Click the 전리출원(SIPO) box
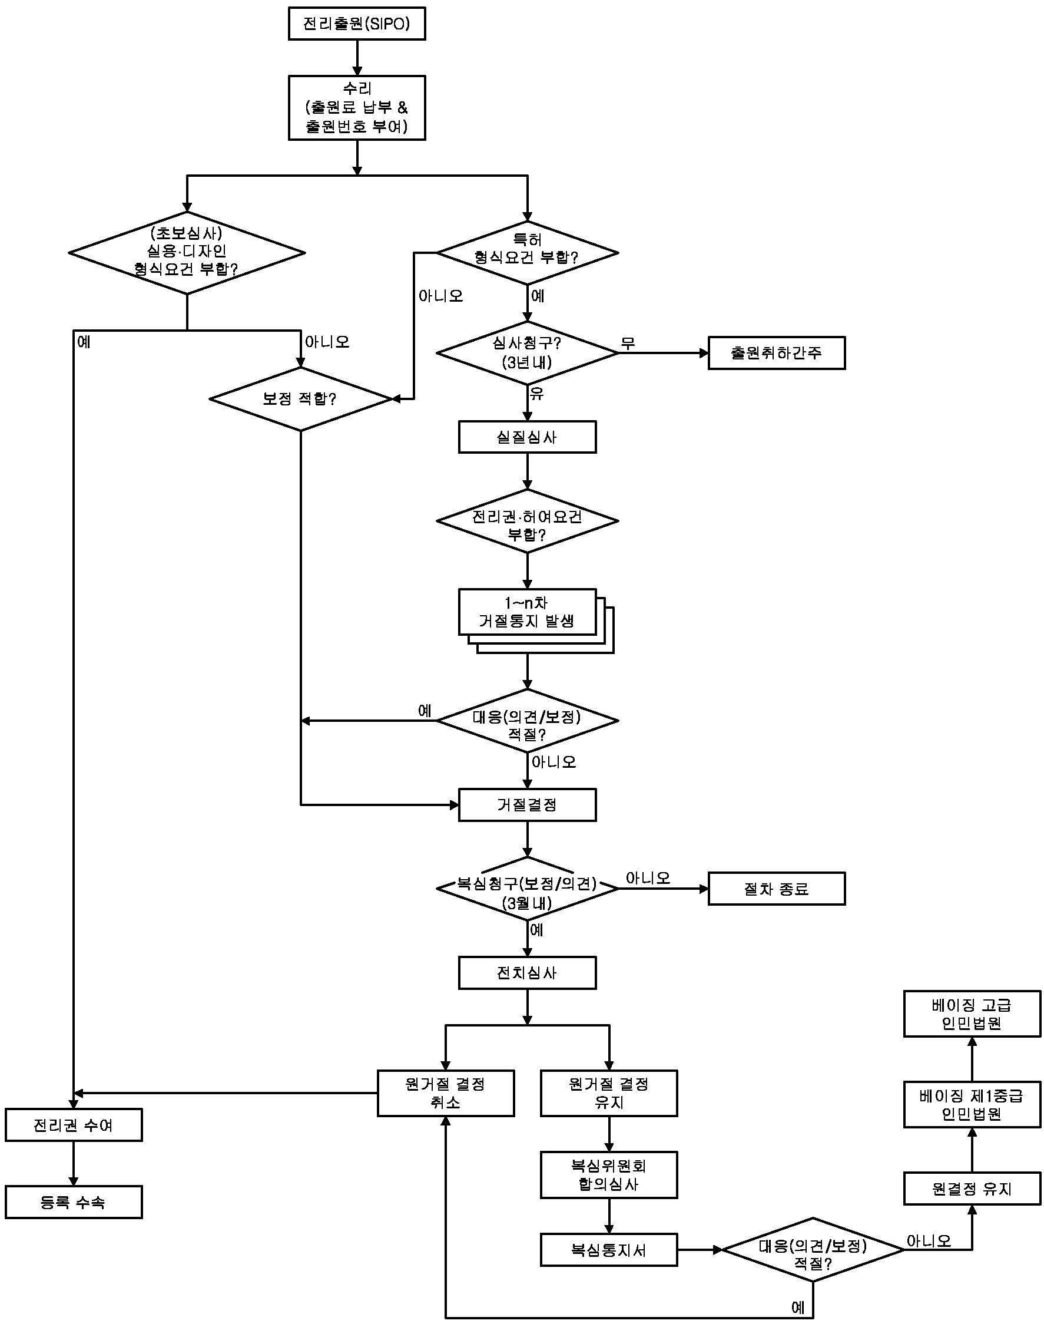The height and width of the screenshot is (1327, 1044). tap(357, 24)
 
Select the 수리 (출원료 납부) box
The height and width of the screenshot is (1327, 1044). tap(357, 108)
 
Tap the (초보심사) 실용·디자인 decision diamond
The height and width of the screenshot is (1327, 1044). tap(187, 252)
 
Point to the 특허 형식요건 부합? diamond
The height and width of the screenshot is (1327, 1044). tap(527, 252)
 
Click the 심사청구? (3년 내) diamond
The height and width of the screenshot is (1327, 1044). tap(527, 353)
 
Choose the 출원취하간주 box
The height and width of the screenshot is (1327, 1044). tap(776, 353)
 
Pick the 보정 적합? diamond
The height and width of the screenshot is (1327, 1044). tap(300, 399)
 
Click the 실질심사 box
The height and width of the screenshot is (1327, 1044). tap(527, 437)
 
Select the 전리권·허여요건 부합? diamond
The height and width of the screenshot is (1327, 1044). tap(527, 521)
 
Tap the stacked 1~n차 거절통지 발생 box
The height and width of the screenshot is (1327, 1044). tap(527, 613)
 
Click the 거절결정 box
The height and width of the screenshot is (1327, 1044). tap(527, 805)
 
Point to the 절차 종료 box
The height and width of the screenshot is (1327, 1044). tap(776, 889)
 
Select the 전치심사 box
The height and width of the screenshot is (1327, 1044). tap(527, 973)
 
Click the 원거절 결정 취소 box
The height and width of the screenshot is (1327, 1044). tap(446, 1093)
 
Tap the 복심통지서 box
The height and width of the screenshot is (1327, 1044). tap(609, 1249)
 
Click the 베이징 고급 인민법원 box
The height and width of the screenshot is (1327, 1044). tap(972, 1014)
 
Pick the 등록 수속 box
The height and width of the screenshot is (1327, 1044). tap(74, 1202)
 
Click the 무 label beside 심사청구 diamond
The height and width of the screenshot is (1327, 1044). tap(628, 343)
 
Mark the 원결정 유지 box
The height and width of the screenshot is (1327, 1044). tap(972, 1189)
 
